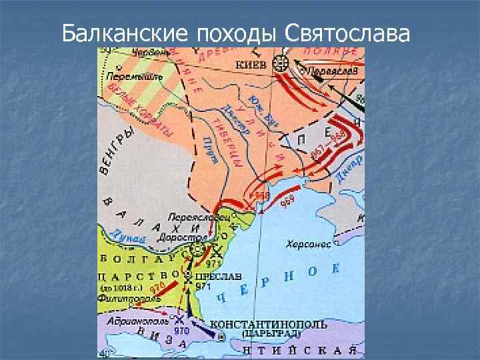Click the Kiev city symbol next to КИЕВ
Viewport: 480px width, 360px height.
[281, 64]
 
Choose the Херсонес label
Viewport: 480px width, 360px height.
[309, 245]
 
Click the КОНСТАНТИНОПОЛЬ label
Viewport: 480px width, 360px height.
[269, 325]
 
